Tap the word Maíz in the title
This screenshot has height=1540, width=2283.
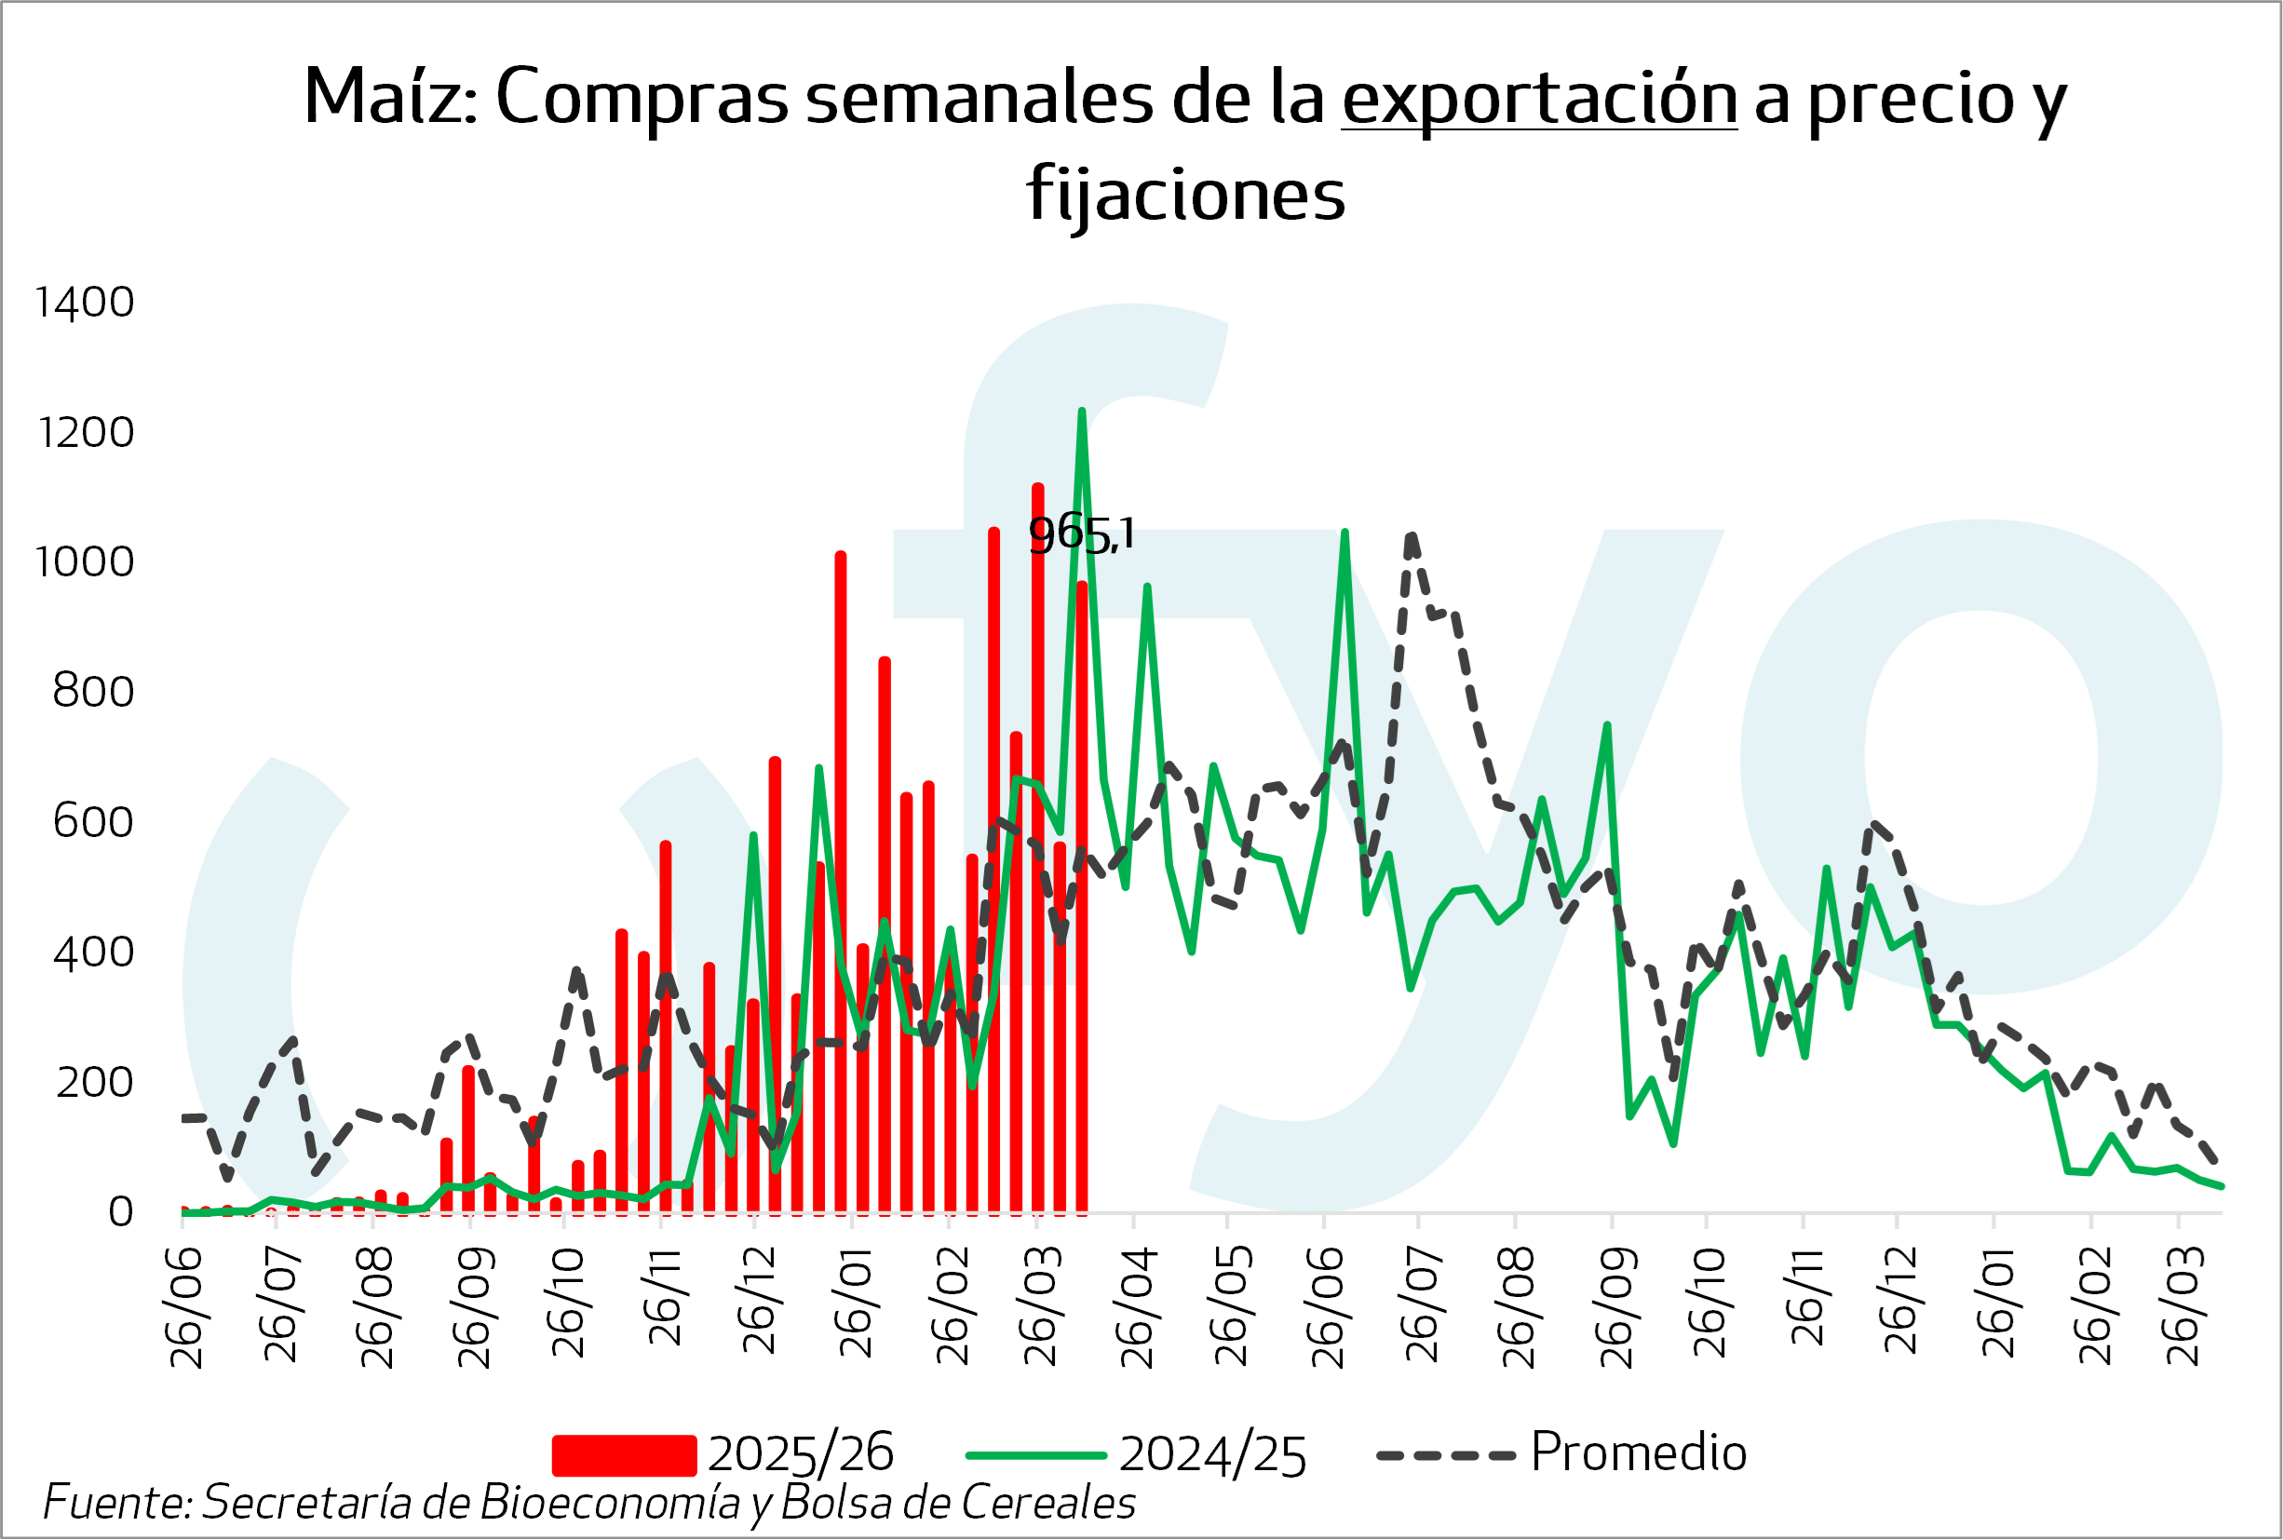tap(390, 97)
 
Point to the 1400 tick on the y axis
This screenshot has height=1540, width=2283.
tap(85, 303)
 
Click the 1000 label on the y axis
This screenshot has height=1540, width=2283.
tap(85, 562)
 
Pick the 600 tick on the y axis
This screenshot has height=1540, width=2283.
tap(93, 822)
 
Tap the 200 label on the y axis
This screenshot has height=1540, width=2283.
tap(94, 1082)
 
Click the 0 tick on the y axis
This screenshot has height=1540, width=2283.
tap(121, 1212)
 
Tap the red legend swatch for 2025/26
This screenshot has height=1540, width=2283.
tap(624, 1455)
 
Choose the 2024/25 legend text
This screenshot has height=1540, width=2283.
tap(1211, 1455)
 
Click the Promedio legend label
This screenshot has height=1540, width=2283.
tap(1638, 1452)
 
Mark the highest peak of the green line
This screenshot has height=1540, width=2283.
tap(1081, 412)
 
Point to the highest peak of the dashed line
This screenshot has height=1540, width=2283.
tap(1411, 537)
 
